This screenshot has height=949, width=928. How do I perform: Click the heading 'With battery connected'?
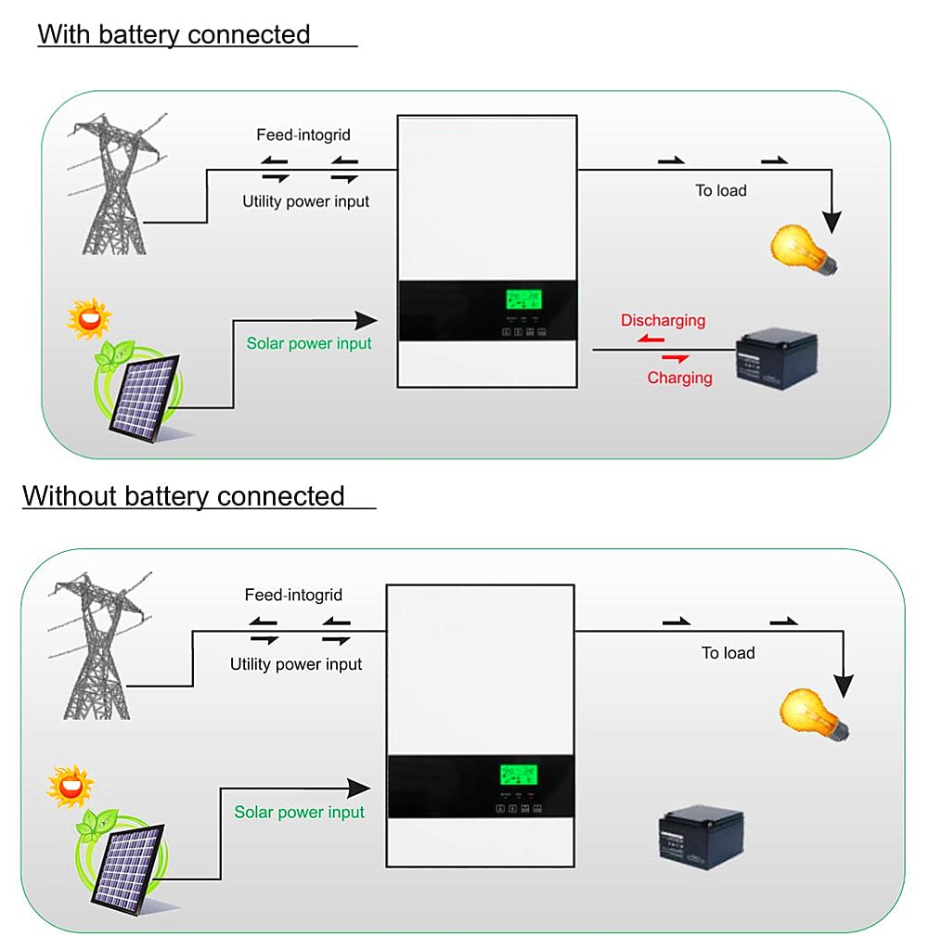click(174, 35)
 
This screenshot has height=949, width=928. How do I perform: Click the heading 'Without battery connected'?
click(184, 496)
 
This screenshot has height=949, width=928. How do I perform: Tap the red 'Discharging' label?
click(663, 321)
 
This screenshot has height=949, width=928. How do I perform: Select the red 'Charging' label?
click(679, 378)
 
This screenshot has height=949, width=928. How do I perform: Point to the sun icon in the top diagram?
click(89, 318)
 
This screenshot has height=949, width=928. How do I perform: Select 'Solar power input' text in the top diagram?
click(308, 344)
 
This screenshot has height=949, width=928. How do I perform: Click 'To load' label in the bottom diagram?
click(728, 653)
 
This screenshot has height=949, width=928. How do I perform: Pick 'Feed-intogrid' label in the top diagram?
click(303, 135)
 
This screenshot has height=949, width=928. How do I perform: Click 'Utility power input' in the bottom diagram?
click(296, 665)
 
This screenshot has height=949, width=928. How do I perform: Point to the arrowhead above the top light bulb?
click(832, 223)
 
